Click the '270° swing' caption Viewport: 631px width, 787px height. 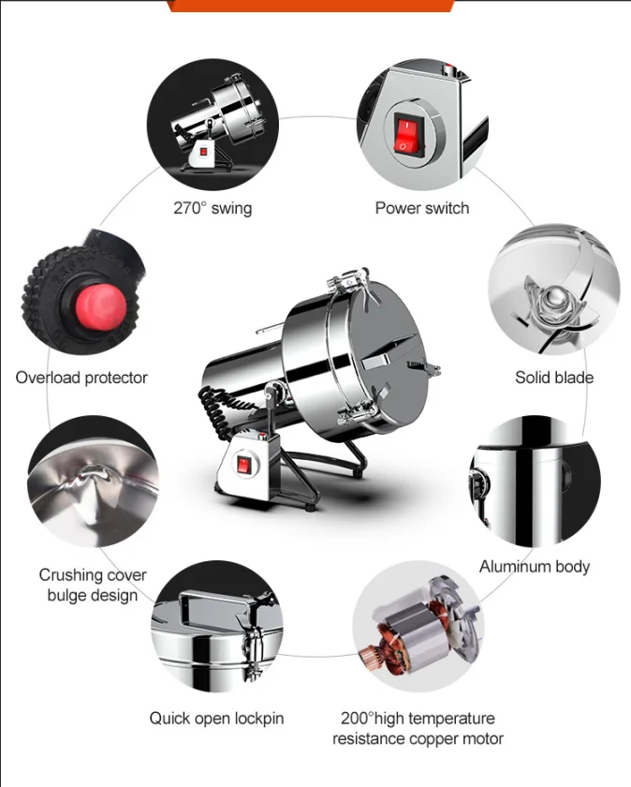tap(213, 208)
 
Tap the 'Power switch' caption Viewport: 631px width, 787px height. tap(422, 208)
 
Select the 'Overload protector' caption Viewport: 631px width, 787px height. tap(81, 378)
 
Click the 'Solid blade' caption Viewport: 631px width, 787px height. tap(554, 378)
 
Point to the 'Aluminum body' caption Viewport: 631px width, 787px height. tap(535, 567)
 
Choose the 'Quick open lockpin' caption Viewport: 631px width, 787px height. tap(216, 719)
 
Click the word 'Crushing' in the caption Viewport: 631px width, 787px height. tap(66, 574)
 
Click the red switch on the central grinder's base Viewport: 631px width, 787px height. tap(243, 465)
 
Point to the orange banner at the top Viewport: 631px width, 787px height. tap(311, 6)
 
